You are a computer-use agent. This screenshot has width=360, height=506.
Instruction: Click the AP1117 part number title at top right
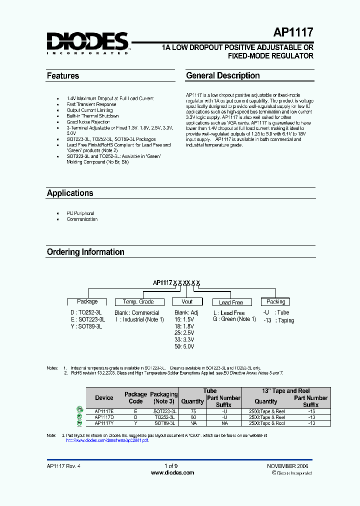(x=293, y=33)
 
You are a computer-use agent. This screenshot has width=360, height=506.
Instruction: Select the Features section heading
(x=63, y=76)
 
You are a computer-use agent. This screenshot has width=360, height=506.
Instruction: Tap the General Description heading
(x=222, y=76)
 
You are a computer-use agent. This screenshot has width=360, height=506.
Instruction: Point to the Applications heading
(x=70, y=193)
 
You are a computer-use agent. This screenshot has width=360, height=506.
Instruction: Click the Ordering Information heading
(x=85, y=252)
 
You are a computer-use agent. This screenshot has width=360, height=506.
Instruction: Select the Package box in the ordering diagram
(x=87, y=302)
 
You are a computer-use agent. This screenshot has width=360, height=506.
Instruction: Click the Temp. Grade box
(x=138, y=302)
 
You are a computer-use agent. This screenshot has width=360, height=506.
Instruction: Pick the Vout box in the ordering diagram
(x=187, y=302)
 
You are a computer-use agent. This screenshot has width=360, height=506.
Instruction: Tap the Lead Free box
(x=231, y=302)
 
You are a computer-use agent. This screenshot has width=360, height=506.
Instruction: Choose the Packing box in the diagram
(x=275, y=302)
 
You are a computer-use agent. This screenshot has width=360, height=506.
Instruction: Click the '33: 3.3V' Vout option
(x=184, y=339)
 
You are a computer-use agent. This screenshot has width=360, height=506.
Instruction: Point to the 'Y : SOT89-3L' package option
(x=85, y=326)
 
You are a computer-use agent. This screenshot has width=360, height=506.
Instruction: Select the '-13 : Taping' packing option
(x=278, y=320)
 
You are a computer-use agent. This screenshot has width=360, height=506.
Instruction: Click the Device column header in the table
(x=104, y=398)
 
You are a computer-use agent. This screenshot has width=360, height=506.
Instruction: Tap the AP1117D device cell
(x=104, y=417)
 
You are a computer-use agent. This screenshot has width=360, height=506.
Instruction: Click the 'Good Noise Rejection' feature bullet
(x=88, y=122)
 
